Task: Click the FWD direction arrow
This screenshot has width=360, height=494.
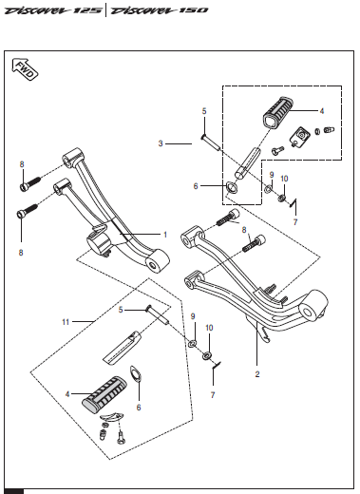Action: (25, 69)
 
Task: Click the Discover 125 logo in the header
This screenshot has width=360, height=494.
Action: (53, 10)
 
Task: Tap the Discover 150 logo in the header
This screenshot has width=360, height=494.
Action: (160, 10)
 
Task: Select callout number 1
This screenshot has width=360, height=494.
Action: (165, 235)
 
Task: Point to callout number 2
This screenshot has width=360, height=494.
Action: (257, 374)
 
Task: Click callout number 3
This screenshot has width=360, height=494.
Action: (161, 143)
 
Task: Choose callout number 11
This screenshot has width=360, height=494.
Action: (66, 322)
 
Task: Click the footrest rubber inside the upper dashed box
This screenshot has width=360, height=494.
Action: (278, 112)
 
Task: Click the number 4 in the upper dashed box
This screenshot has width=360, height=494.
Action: (322, 111)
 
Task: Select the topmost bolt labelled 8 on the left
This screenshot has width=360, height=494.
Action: (30, 183)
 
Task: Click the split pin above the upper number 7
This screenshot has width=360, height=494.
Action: (294, 202)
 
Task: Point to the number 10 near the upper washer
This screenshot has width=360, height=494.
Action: (284, 179)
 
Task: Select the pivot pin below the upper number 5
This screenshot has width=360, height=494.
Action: (210, 142)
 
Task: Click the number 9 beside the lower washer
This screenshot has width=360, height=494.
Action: (193, 316)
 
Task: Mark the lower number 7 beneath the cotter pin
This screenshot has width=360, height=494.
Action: (213, 395)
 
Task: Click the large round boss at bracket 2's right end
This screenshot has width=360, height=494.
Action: (313, 306)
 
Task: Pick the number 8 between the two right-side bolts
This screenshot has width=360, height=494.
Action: (244, 230)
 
